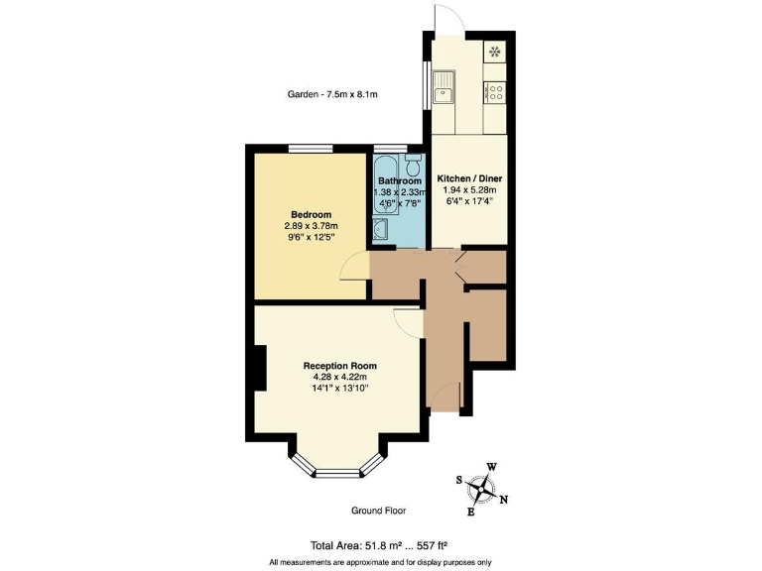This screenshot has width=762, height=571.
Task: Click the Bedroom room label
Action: pos(311,214)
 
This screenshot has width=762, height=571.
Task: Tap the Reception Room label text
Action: pos(340,366)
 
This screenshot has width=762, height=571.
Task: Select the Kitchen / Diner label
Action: pos(470,178)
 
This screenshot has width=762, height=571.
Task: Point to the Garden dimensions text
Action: pos(332,95)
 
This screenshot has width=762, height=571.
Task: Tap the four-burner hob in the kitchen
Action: pos(493,93)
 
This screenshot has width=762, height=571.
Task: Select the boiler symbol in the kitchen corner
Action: pos(494,52)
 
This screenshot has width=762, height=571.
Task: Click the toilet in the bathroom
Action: pos(413,165)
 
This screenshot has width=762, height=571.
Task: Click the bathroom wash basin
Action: pos(382,230)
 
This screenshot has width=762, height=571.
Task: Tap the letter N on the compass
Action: pos(504,499)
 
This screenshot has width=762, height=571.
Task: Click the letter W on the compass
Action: pos(491,467)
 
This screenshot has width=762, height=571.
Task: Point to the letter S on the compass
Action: pos(458,480)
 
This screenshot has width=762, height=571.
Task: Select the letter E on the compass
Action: pos(470,512)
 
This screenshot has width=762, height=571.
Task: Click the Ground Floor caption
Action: pos(378,511)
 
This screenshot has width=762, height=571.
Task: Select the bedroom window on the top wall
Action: pos(310,149)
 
